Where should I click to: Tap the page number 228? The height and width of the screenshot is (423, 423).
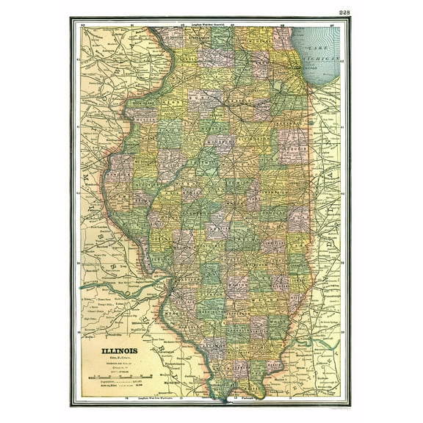pos(344,12)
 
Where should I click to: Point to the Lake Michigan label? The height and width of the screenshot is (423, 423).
pos(324,52)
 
